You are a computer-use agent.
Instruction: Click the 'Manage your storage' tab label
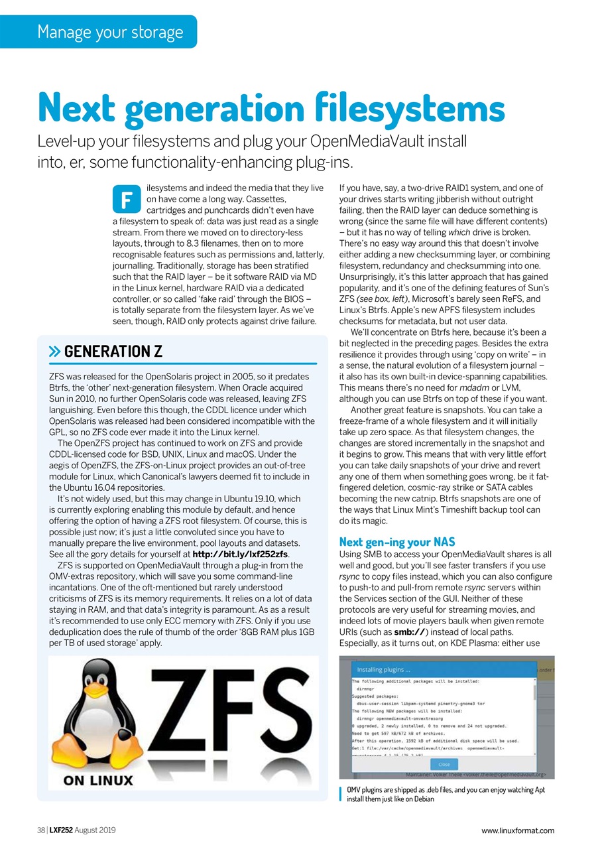coord(110,32)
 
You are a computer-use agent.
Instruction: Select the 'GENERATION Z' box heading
coord(113,351)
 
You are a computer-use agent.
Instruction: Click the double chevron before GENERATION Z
coord(55,352)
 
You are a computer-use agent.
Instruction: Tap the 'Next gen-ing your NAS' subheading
coord(396,542)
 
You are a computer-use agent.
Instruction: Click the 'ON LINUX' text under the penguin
coord(97,780)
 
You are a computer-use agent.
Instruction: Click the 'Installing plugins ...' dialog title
coord(383,669)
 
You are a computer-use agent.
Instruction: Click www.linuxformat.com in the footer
coord(518,830)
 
